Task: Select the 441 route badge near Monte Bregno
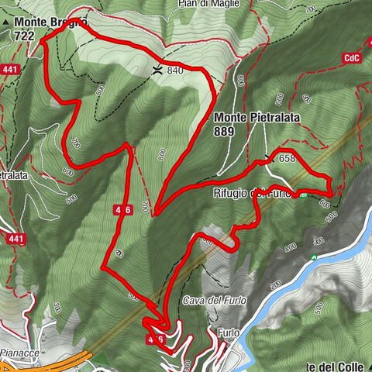[10, 70]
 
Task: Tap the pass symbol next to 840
[157, 70]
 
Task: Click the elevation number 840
[174, 71]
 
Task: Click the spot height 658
[288, 158]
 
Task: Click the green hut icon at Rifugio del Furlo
[304, 195]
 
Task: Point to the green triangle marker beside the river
[314, 257]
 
